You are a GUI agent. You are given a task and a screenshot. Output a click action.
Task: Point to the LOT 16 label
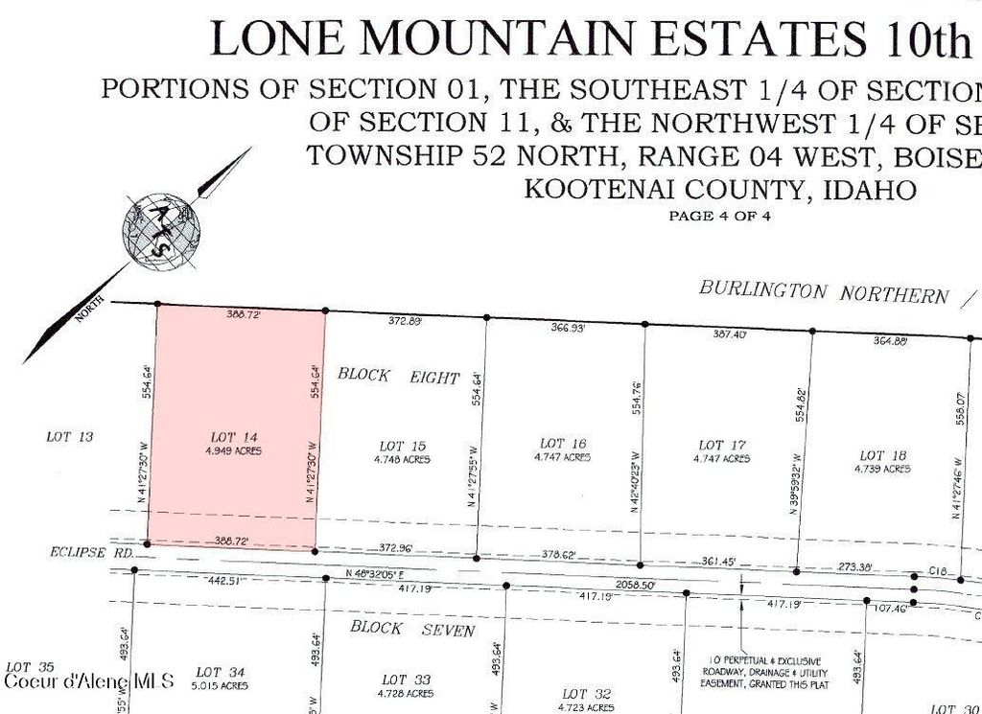tap(563, 444)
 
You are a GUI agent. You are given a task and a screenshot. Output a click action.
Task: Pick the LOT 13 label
tap(70, 437)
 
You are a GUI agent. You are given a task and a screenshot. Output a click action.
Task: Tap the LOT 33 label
tap(406, 679)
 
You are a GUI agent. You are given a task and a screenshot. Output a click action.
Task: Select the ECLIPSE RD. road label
tap(77, 553)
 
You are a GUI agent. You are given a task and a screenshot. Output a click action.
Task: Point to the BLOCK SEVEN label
tap(412, 630)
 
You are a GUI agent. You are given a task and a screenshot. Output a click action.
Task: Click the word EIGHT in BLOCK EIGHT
tap(436, 377)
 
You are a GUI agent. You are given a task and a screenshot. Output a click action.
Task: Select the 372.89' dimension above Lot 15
tap(405, 322)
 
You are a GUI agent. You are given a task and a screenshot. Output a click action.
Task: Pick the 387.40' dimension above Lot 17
tap(729, 334)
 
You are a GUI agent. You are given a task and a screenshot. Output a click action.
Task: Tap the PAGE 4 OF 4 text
tap(719, 216)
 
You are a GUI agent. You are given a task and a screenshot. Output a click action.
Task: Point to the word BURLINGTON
tap(762, 288)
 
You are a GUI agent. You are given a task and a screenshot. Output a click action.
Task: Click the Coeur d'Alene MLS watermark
tap(88, 681)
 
